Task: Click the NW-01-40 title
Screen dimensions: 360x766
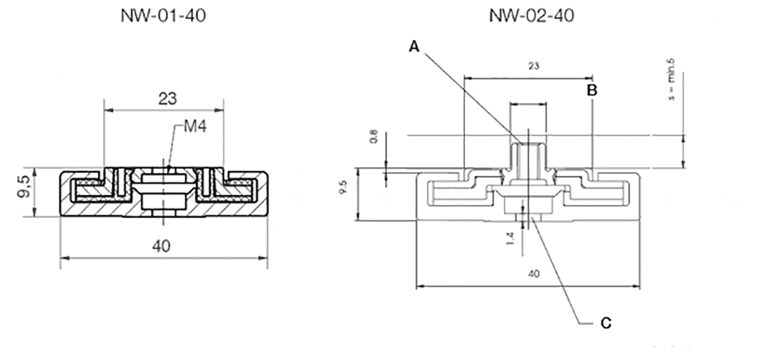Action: click(x=163, y=16)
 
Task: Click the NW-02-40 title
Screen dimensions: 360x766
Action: click(x=531, y=16)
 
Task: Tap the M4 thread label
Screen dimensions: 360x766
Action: click(x=194, y=128)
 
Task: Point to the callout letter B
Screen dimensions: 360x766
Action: click(x=592, y=90)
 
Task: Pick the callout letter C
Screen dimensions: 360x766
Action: click(x=606, y=323)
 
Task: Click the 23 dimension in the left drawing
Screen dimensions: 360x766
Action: click(x=167, y=99)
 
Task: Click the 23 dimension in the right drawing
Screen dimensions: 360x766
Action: click(x=533, y=66)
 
